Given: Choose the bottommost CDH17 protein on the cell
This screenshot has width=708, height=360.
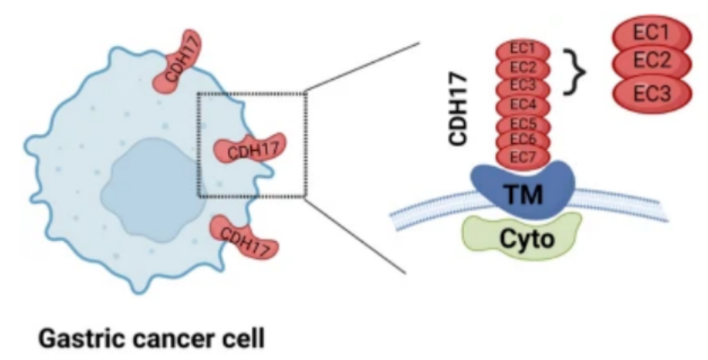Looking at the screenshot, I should [x=243, y=237].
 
